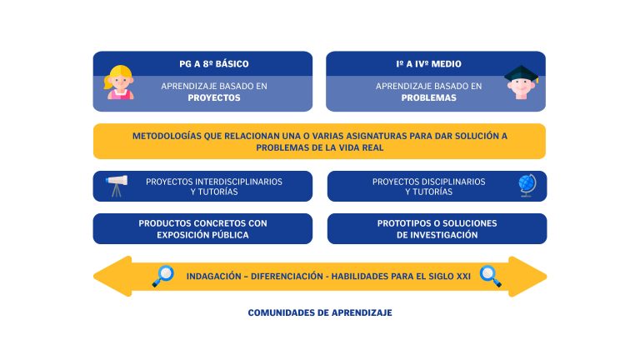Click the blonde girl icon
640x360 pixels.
(x=119, y=82)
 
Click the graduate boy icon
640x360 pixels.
(x=521, y=82)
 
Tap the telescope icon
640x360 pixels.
(x=117, y=186)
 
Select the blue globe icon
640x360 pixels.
(x=527, y=186)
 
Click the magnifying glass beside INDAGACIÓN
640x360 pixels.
(x=163, y=276)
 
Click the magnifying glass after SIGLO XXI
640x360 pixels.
(x=490, y=276)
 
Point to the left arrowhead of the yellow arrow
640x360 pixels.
(x=112, y=277)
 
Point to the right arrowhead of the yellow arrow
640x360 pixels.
(x=527, y=277)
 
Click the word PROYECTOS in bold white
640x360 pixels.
(x=214, y=98)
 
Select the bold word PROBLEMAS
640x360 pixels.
(x=428, y=98)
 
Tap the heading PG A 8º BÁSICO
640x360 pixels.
(x=214, y=64)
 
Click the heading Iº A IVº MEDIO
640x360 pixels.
(x=428, y=64)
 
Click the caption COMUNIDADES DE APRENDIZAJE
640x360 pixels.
(x=320, y=312)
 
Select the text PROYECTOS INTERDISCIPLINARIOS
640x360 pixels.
(x=214, y=182)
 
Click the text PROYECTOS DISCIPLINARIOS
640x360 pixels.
(x=428, y=182)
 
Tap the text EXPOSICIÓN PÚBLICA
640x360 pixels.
(x=202, y=235)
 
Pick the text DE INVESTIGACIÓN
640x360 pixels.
(x=437, y=235)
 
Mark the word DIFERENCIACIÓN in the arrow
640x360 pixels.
(x=287, y=277)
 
